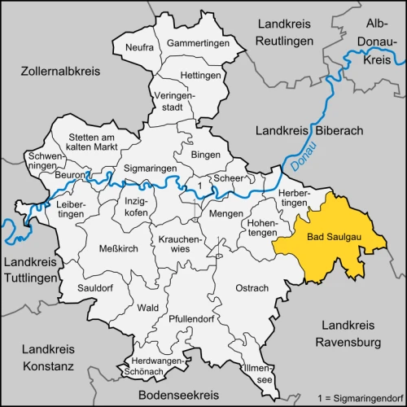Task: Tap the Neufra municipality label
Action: [139, 48]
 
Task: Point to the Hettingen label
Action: [200, 75]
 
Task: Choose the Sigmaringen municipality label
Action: [150, 168]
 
